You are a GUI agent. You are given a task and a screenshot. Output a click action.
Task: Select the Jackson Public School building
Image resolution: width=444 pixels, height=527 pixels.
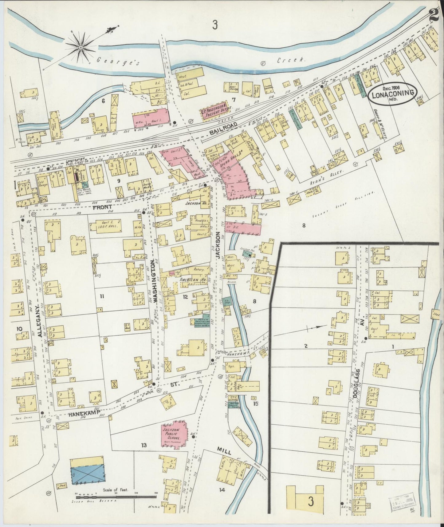(x=173, y=434)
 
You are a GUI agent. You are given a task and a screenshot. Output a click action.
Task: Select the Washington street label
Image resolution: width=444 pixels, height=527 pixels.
(x=155, y=284)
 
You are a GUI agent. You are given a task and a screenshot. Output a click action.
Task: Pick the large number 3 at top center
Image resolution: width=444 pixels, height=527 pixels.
(x=215, y=25)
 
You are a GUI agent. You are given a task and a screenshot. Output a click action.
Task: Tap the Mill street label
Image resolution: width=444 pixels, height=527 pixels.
(x=223, y=450)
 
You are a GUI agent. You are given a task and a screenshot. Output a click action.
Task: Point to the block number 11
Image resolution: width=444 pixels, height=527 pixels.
(x=102, y=296)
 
